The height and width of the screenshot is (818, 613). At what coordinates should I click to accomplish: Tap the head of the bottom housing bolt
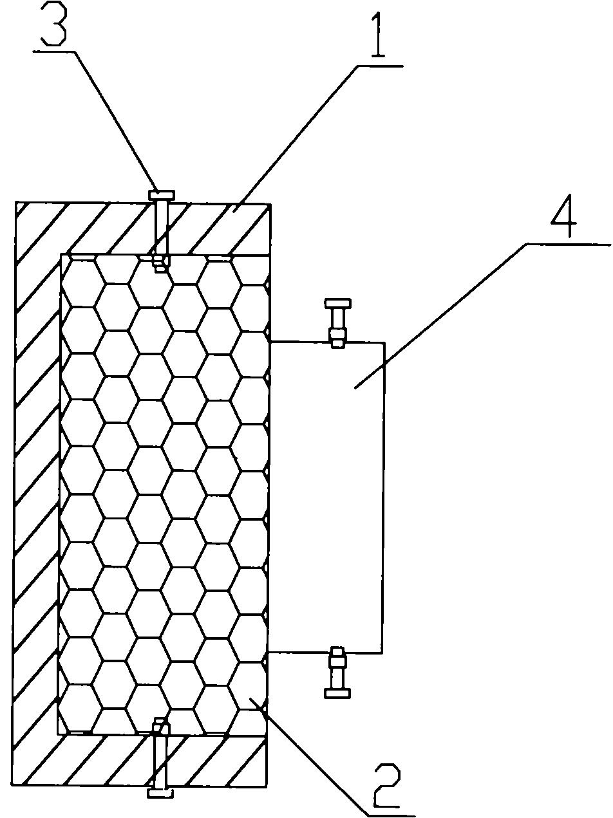160,794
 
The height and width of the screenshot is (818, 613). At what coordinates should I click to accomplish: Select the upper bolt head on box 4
338,302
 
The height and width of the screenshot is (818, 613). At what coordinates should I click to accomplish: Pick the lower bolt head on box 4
338,693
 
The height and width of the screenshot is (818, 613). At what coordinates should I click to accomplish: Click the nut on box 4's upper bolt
338,335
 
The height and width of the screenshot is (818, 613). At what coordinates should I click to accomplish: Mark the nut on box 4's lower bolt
338,660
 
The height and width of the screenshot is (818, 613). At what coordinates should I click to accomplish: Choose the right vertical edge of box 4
384,496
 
